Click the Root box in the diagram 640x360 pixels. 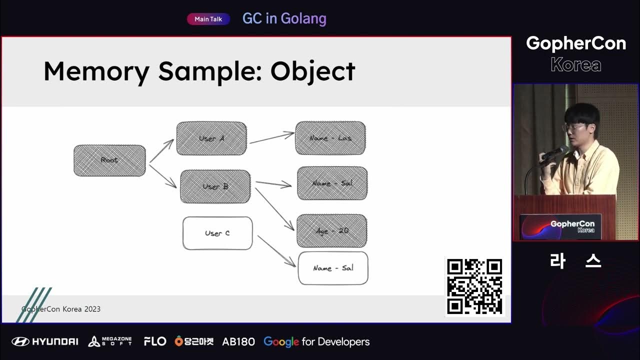pos(109,160)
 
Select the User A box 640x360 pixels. pos(211,138)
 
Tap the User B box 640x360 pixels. pos(215,186)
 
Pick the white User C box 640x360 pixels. pos(217,233)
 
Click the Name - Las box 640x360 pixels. pos(330,138)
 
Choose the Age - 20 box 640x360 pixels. pos(332,231)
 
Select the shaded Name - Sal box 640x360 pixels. pos(332,183)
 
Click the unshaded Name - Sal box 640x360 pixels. pos(333,268)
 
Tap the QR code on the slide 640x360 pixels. pos(474,286)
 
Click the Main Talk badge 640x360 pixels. pos(208,19)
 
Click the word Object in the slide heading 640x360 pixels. pos(312,71)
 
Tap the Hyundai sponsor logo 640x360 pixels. pos(45,341)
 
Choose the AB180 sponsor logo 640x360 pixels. pos(238,341)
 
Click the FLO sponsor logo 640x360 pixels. pos(154,341)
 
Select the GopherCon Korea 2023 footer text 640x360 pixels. pos(61,309)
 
